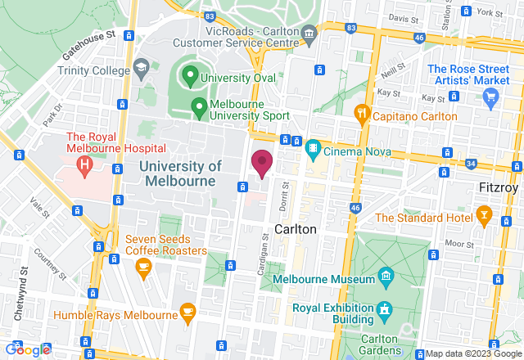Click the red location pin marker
pyautogui.click(x=261, y=163)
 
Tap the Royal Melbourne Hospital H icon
pyautogui.click(x=84, y=164)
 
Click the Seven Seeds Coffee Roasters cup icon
pyautogui.click(x=143, y=266)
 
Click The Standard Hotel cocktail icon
pyautogui.click(x=483, y=218)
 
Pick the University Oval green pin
pyautogui.click(x=190, y=79)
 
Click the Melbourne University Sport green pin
pyautogui.click(x=198, y=106)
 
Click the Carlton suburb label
pyautogui.click(x=295, y=229)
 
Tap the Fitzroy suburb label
pyautogui.click(x=499, y=187)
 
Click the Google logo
pyautogui.click(x=26, y=350)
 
